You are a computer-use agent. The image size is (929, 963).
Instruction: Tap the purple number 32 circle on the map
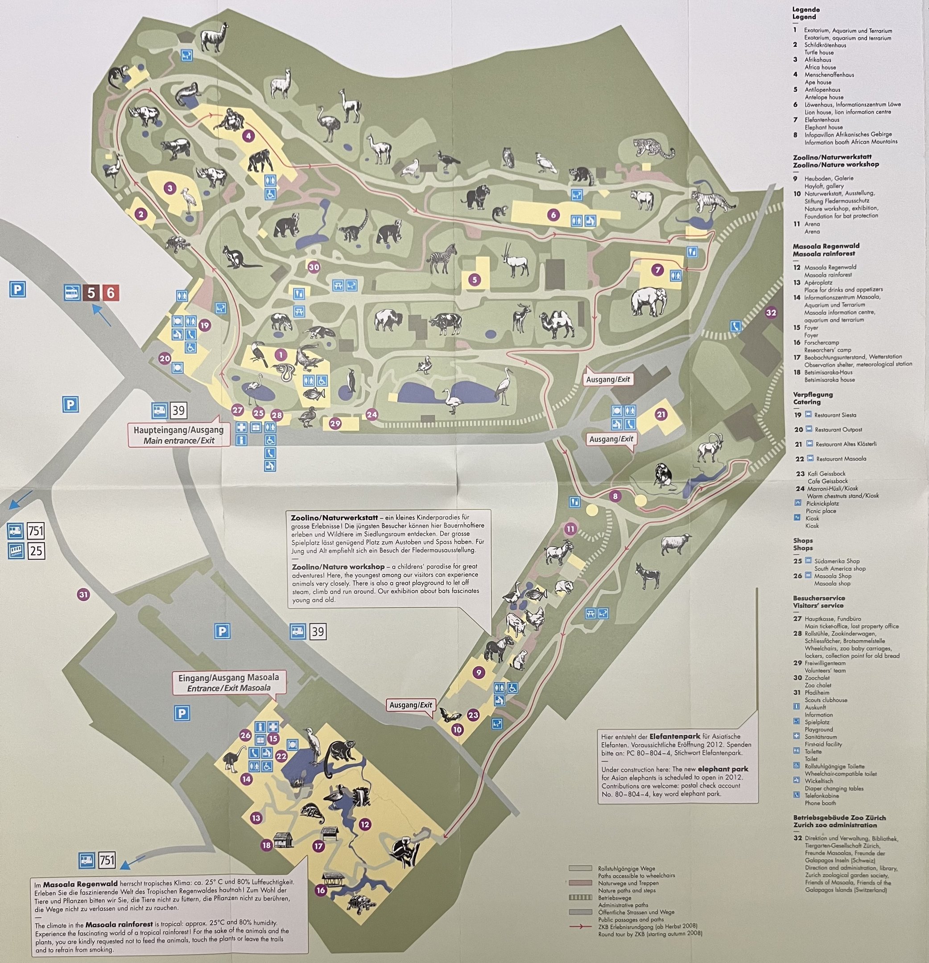(x=771, y=313)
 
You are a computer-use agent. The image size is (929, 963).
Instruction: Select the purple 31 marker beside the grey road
(x=84, y=594)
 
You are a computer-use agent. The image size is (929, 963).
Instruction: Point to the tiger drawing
(x=712, y=199)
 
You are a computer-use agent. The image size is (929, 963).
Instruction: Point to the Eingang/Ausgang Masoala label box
(x=228, y=683)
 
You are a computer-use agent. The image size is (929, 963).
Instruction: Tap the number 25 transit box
(x=35, y=551)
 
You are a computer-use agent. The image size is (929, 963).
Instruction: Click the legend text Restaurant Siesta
(x=834, y=415)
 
